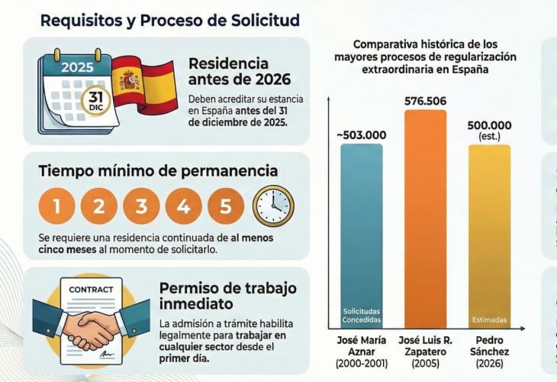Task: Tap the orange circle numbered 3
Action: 142,206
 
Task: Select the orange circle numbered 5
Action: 226,206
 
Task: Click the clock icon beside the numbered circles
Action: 272,206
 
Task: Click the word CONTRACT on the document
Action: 91,290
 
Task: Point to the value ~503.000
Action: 362,135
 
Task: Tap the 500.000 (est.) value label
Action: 489,131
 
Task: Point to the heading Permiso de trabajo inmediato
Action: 227,296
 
